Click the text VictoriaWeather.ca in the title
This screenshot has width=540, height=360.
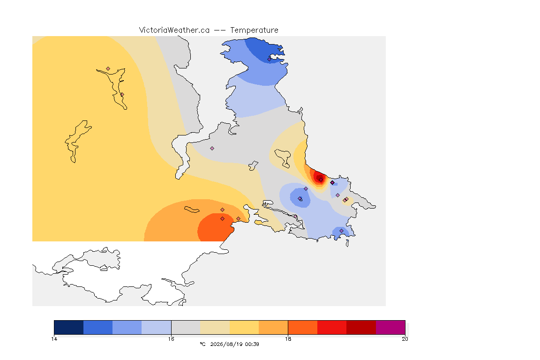click(174, 30)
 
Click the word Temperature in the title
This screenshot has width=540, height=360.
click(254, 30)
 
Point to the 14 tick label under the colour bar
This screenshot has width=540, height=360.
click(54, 339)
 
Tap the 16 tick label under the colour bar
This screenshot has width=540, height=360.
click(171, 339)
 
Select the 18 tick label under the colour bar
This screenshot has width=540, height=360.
click(288, 339)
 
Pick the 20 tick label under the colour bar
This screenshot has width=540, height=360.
click(405, 339)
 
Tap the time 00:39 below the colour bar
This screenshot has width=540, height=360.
click(252, 344)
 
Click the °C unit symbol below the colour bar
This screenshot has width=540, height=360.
click(202, 344)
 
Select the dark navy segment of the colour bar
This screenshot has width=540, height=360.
click(68, 327)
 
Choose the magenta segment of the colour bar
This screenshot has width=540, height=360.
click(390, 327)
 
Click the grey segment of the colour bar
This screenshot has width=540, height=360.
click(186, 327)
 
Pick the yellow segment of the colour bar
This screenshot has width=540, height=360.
click(244, 327)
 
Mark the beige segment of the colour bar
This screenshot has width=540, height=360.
click(215, 327)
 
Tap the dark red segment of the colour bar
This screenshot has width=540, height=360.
click(361, 327)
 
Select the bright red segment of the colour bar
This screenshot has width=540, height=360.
click(332, 327)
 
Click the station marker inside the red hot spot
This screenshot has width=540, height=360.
click(321, 180)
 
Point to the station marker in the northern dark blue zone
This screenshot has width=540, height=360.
click(270, 59)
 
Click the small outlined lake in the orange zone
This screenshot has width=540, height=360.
click(192, 210)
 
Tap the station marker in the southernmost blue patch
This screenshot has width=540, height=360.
click(341, 231)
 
